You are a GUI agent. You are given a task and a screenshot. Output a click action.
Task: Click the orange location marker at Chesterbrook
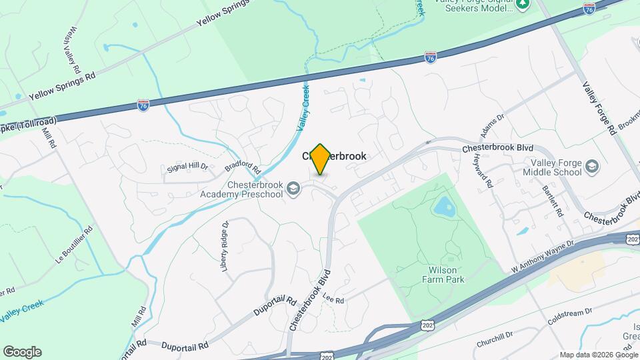pyautogui.click(x=321, y=159)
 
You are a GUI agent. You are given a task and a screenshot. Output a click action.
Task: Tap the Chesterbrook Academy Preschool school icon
pyautogui.click(x=293, y=190)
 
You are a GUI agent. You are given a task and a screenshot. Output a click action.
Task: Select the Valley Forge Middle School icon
pyautogui.click(x=593, y=166)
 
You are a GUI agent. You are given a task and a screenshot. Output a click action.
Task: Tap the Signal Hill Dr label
pyautogui.click(x=187, y=167)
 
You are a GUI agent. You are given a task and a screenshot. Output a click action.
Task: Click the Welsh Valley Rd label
pyautogui.click(x=72, y=50)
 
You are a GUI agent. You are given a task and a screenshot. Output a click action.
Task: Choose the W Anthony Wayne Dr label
pyautogui.click(x=542, y=256)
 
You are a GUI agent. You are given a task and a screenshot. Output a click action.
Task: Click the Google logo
pyautogui.click(x=22, y=351)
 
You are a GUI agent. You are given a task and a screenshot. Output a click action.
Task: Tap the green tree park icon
pyautogui.click(x=523, y=4)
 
